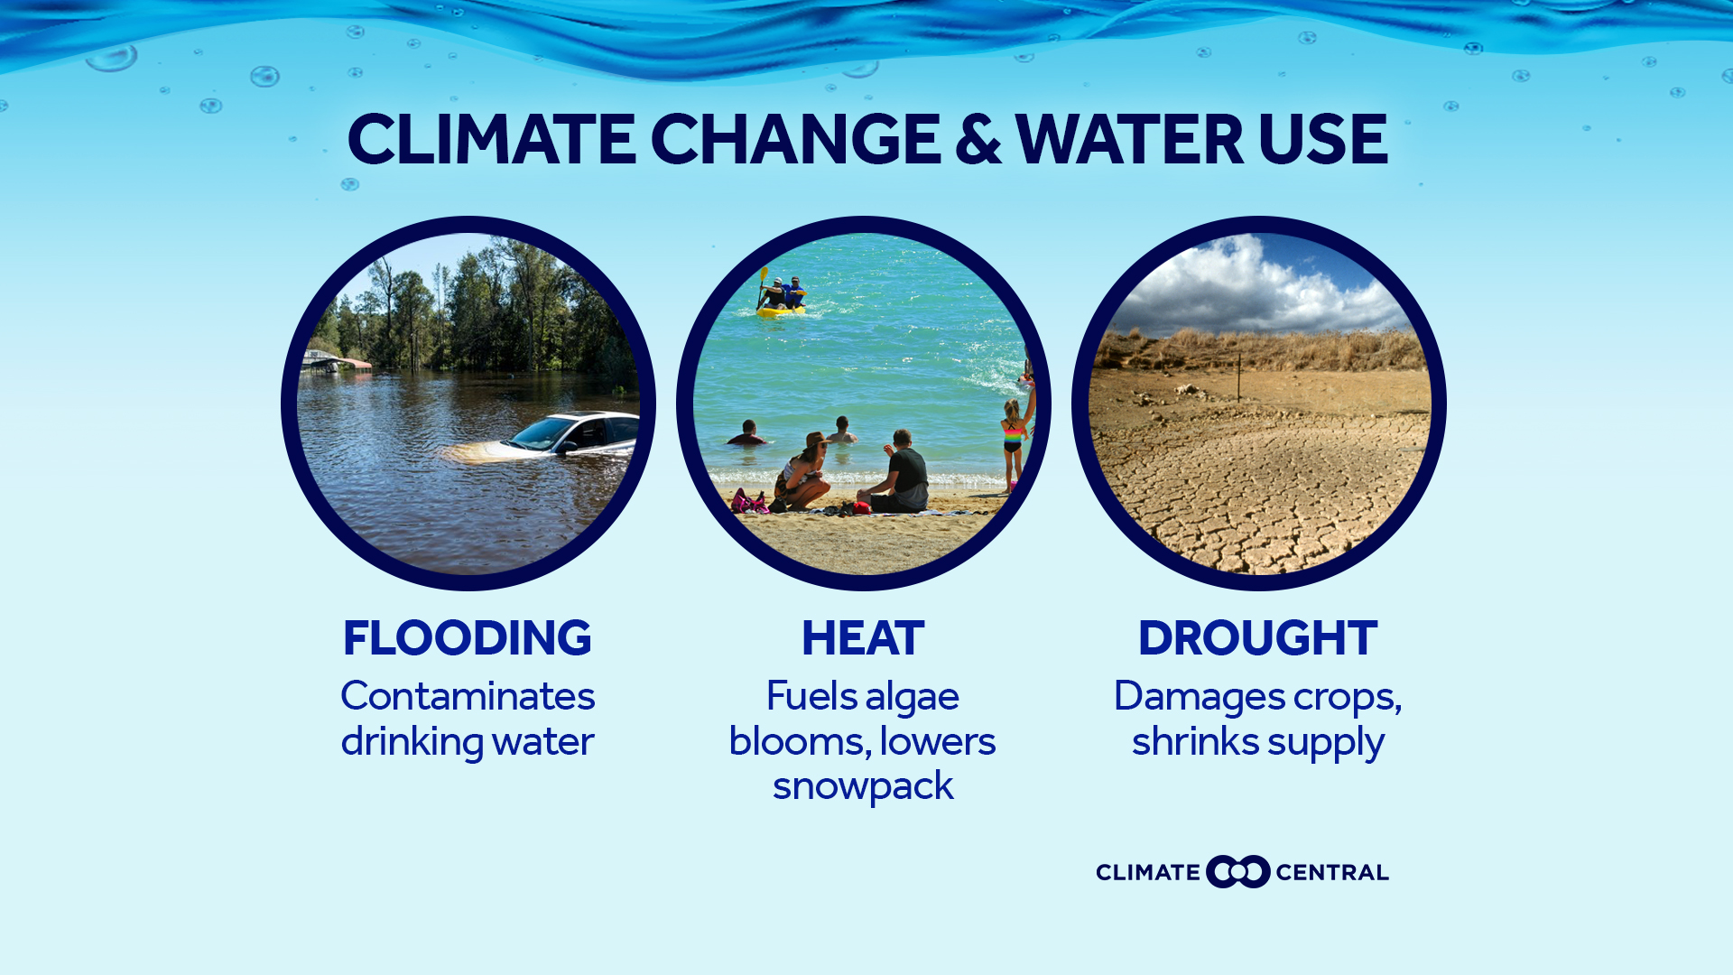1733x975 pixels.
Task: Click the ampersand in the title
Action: (978, 141)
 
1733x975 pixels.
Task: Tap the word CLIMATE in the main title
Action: (491, 141)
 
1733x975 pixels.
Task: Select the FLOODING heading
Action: (468, 638)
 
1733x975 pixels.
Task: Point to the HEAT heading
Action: (863, 638)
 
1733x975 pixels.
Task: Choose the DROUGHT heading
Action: (1257, 638)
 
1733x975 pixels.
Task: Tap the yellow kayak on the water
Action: (781, 311)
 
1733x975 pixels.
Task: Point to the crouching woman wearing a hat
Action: (803, 471)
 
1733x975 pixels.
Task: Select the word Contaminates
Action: (468, 696)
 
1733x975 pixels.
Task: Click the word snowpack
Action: (863, 786)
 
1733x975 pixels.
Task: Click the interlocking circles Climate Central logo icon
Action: (1237, 872)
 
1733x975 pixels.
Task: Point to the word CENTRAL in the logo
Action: (1331, 873)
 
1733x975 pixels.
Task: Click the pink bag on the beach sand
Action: (747, 502)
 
